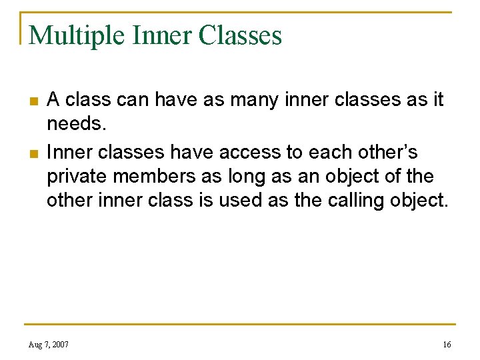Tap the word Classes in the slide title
242,35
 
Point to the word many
256,100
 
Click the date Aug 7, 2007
48,344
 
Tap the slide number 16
447,344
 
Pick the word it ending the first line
437,100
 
